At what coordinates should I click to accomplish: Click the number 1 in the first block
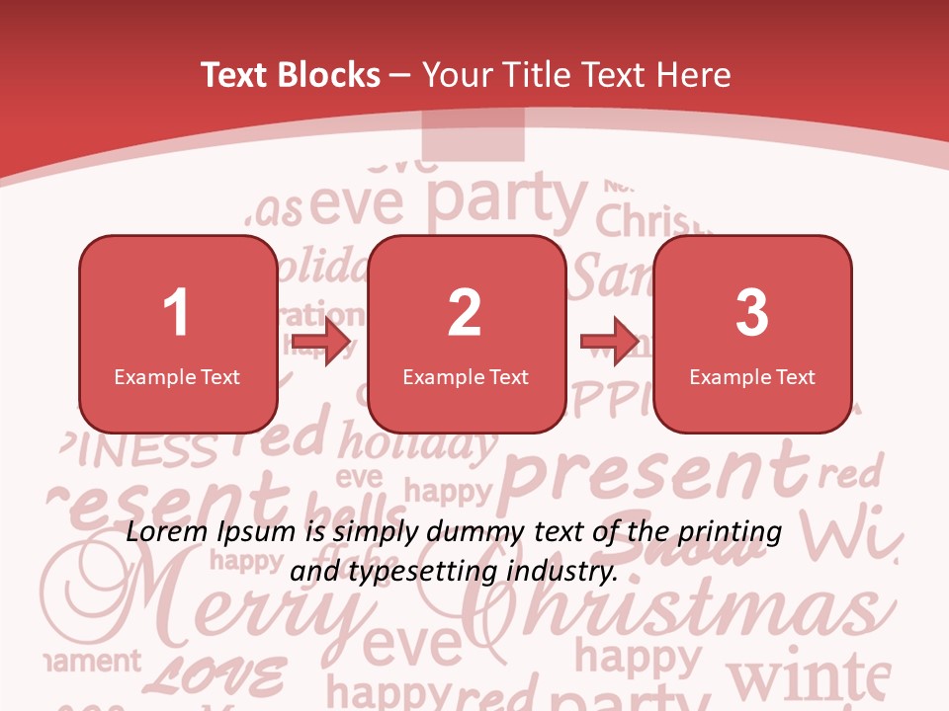point(176,313)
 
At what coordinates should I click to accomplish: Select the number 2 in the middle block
point(465,313)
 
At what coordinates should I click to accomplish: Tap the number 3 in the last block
point(752,313)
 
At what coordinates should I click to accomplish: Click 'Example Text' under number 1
point(177,376)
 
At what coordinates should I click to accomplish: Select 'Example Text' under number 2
point(466,376)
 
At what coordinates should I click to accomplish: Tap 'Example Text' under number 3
point(752,376)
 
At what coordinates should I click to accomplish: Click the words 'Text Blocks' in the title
point(291,75)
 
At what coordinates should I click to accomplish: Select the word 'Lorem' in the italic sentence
point(164,532)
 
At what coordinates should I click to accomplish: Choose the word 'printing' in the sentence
point(730,532)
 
